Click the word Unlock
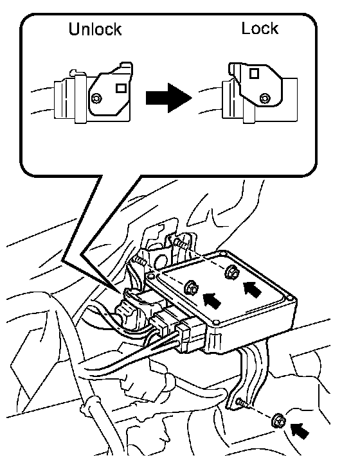(95, 29)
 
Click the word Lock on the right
(260, 28)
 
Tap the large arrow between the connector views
(169, 98)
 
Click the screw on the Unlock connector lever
(96, 98)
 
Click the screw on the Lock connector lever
(265, 98)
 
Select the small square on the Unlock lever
(121, 88)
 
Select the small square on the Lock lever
(254, 74)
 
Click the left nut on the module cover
(191, 287)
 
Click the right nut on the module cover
(232, 272)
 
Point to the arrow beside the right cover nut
(252, 290)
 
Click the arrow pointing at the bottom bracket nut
(300, 431)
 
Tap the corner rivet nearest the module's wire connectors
(215, 322)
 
